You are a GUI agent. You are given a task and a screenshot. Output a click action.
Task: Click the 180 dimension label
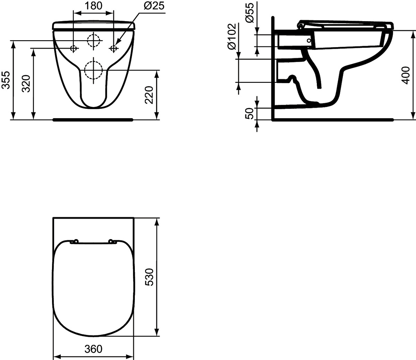(93, 6)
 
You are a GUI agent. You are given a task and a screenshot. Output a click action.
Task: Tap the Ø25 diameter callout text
(154, 6)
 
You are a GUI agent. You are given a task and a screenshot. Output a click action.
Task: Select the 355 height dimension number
(6, 80)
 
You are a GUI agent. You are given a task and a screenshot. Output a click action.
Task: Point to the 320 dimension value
(26, 84)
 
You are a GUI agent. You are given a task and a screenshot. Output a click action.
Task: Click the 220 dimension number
(149, 95)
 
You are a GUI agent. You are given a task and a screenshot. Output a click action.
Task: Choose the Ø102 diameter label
(232, 36)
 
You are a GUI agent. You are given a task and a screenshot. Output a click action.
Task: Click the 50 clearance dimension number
(250, 114)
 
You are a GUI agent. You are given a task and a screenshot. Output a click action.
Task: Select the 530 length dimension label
(149, 277)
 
